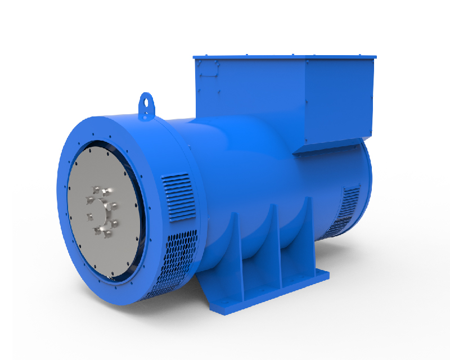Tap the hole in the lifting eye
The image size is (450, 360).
(148, 102)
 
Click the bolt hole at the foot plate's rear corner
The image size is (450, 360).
(321, 274)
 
